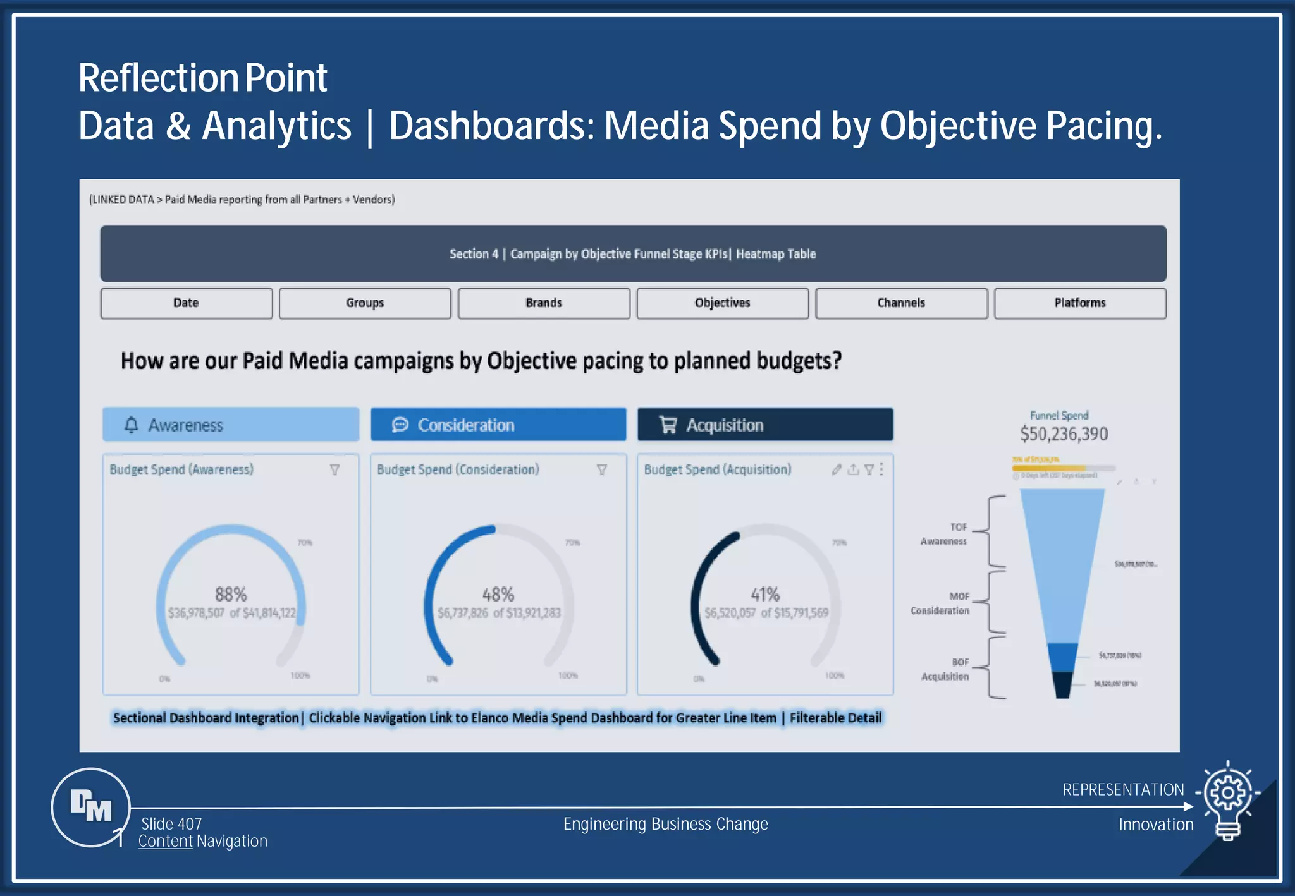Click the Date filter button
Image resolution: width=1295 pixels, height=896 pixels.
tap(186, 303)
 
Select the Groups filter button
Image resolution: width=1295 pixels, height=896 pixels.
tap(365, 303)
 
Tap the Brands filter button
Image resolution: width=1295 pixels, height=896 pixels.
tap(544, 303)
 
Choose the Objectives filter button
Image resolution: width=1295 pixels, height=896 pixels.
tap(722, 303)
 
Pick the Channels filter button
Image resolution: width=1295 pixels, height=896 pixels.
tap(901, 303)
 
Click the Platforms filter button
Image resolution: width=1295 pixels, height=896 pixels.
tap(1080, 303)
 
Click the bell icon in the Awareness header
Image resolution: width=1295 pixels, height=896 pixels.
tap(132, 425)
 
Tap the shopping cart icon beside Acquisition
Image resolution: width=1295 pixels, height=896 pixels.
tap(668, 425)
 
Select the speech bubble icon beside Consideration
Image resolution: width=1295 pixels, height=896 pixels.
tap(400, 425)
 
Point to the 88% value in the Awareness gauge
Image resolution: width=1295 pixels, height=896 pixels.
tap(231, 594)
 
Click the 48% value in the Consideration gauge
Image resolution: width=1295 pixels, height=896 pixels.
tap(498, 594)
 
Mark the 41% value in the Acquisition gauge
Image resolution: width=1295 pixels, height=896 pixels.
tap(765, 594)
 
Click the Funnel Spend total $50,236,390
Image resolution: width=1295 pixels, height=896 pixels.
tap(1064, 434)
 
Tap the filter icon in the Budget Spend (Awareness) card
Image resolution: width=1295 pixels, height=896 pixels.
tap(335, 469)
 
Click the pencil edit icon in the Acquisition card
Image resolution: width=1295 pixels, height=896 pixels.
tap(836, 469)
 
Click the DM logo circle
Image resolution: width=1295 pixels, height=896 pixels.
tap(91, 806)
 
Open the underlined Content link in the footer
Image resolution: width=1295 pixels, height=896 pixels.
tap(166, 841)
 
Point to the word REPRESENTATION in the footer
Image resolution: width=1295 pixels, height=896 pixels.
tap(1123, 789)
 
